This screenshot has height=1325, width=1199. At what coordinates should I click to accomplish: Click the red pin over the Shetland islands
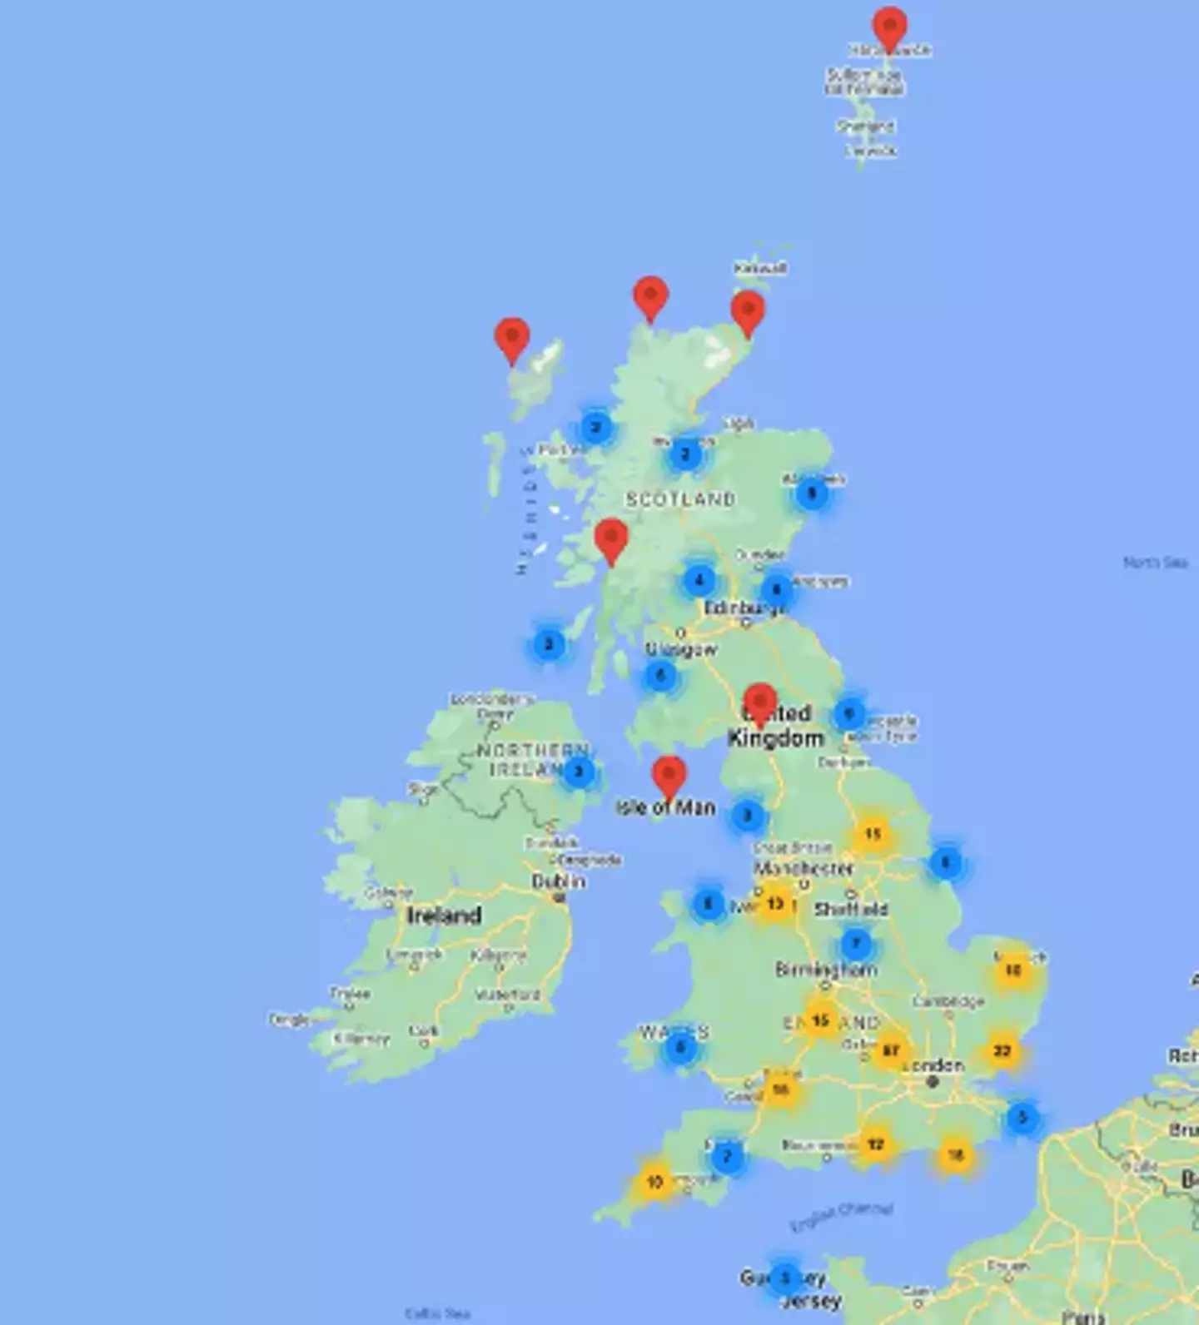[x=889, y=27]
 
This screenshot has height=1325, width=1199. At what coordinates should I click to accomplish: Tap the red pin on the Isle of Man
[x=669, y=777]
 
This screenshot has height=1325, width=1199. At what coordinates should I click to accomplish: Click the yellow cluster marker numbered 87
[x=890, y=1050]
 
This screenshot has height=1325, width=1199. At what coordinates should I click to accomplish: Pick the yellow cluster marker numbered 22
[x=1002, y=1051]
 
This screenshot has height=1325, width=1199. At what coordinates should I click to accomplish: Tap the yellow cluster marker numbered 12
[x=875, y=1144]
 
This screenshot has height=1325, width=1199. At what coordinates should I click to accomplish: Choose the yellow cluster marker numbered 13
[x=774, y=904]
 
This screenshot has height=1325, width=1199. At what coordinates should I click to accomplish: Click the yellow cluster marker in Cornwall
[x=654, y=1181]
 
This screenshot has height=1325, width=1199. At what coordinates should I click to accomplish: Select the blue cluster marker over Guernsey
[x=784, y=1278]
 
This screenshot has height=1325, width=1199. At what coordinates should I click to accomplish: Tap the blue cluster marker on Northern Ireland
[x=580, y=772]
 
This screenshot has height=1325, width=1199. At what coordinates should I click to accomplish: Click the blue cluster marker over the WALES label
[x=680, y=1047]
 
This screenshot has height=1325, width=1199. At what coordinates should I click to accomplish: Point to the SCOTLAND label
[x=680, y=499]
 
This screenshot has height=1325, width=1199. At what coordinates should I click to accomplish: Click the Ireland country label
[x=444, y=916]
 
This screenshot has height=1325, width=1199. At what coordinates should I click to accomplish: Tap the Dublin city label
[x=558, y=881]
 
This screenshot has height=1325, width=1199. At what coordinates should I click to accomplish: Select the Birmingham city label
[x=825, y=970]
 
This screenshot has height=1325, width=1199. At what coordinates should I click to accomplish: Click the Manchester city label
[x=803, y=868]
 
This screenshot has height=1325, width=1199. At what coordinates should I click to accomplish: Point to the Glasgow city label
[x=681, y=649]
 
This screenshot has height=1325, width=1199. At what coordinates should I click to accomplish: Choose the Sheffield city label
[x=850, y=909]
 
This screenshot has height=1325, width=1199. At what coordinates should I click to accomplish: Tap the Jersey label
[x=812, y=1301]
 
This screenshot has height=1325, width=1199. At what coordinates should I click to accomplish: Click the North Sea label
[x=1155, y=563]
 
